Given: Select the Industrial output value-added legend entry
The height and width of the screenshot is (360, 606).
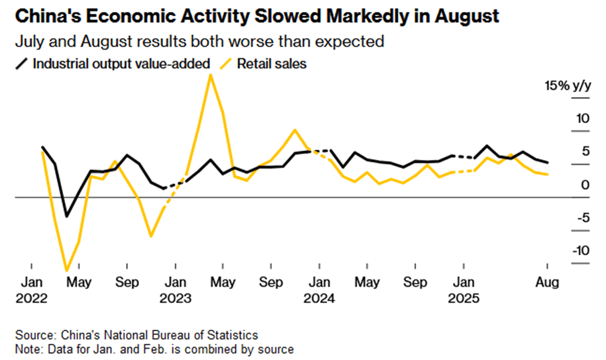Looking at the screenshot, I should click(x=121, y=64).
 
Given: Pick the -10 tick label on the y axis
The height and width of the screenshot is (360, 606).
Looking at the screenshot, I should click(x=580, y=250).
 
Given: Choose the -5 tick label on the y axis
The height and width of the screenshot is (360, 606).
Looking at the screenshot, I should click(x=581, y=217).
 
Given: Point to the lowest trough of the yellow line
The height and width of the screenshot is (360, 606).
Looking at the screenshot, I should click(x=66, y=271).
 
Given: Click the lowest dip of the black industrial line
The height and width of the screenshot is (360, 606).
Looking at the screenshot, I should click(x=66, y=216).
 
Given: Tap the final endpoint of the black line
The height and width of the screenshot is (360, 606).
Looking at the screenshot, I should click(x=548, y=163).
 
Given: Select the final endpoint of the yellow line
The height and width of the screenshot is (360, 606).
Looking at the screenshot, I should click(x=548, y=175).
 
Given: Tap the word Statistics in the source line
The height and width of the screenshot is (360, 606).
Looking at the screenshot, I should click(x=232, y=334).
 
